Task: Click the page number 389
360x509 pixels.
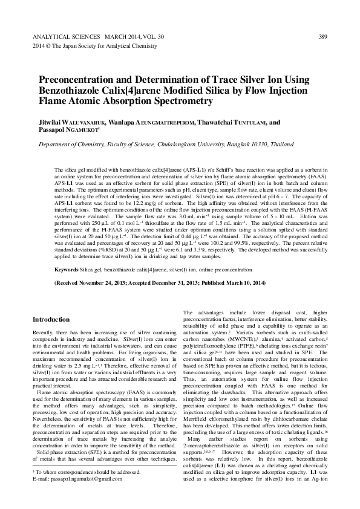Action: [x=322, y=37]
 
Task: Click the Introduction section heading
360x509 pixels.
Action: [x=51, y=319]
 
